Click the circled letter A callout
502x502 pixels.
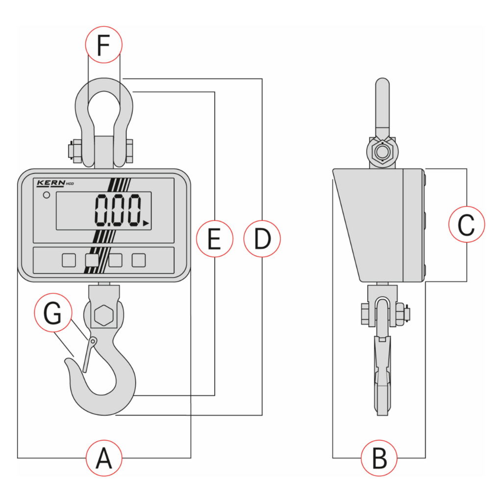coord(104,458)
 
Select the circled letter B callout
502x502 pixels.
coord(379,458)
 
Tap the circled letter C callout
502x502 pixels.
coord(467,225)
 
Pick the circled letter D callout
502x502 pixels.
coord(262,239)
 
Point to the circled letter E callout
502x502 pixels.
coord(214,239)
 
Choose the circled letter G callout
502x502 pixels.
coord(53,314)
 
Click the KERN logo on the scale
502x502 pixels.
coord(50,183)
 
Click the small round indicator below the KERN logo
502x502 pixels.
coord(47,195)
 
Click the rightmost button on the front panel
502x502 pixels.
coord(139,260)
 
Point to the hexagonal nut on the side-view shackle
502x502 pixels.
coord(381,152)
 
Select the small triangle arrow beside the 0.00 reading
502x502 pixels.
coord(146,224)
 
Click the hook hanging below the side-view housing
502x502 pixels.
coord(382,373)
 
